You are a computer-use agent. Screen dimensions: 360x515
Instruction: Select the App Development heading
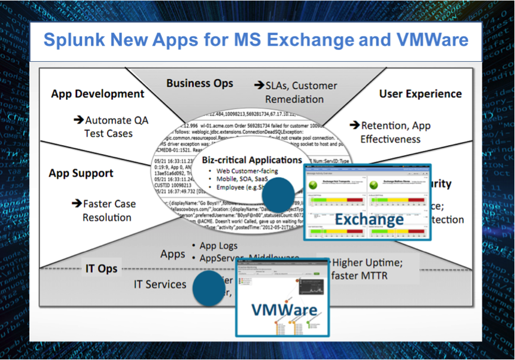point(98,93)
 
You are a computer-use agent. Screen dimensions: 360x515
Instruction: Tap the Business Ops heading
point(199,83)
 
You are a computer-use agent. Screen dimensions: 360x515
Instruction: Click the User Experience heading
point(420,93)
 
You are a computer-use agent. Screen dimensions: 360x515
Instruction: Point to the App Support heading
point(81,173)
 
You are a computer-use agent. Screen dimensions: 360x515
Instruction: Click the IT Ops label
point(99,269)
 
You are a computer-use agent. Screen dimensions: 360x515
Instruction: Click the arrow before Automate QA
point(78,120)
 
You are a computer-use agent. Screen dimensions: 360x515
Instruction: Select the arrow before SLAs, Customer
point(259,85)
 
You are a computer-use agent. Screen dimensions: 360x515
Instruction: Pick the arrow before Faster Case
point(77,204)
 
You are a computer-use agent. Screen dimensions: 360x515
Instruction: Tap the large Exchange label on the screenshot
point(369,220)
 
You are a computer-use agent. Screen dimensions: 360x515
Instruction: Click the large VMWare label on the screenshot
point(283,309)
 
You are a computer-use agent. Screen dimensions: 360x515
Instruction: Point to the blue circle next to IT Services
point(209,288)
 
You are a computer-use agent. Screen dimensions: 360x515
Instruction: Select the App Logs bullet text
point(218,246)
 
